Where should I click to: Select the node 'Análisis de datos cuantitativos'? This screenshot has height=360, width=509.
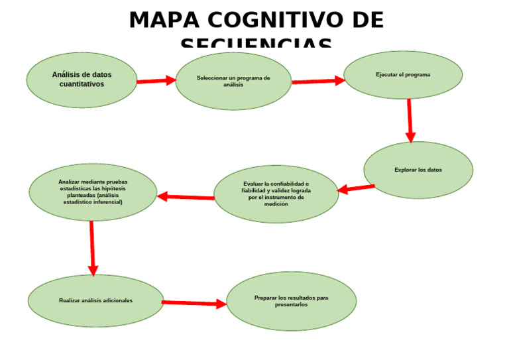82,80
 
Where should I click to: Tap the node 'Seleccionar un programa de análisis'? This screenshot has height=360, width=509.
233,81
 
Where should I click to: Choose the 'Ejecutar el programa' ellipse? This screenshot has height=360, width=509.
403,75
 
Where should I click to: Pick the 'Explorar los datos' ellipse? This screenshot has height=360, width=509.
418,170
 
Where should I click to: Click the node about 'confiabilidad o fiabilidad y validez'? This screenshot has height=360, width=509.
276,194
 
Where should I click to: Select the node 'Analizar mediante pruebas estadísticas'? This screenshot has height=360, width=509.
93,192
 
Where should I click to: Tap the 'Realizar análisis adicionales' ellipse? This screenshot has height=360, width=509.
95,300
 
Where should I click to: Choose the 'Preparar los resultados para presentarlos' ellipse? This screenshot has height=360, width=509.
291,301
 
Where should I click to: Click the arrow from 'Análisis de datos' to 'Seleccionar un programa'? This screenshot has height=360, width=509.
156,81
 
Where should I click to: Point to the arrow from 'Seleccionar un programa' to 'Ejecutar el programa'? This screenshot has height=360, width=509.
318,81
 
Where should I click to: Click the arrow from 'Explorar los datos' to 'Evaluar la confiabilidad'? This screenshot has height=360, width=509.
356,188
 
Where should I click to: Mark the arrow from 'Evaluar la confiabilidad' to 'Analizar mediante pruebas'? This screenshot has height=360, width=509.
186,197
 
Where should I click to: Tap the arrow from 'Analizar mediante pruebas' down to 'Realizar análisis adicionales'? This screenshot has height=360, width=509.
92,248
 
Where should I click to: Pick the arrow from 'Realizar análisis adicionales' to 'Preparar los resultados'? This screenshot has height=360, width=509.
194,303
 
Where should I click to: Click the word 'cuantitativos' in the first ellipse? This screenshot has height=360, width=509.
82,84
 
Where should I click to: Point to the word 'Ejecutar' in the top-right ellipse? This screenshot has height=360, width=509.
387,75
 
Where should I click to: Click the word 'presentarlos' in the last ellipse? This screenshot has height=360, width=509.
291,305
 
